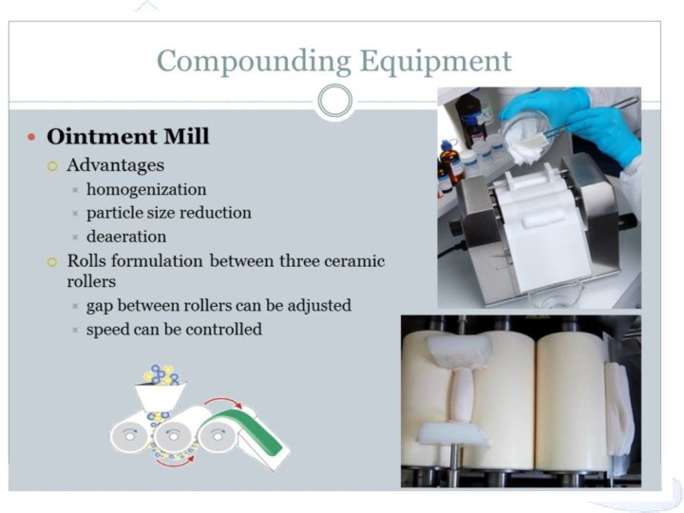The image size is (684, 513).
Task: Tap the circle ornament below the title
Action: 334,101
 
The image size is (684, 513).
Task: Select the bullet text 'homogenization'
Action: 145,189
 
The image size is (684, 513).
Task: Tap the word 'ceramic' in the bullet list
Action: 352,261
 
